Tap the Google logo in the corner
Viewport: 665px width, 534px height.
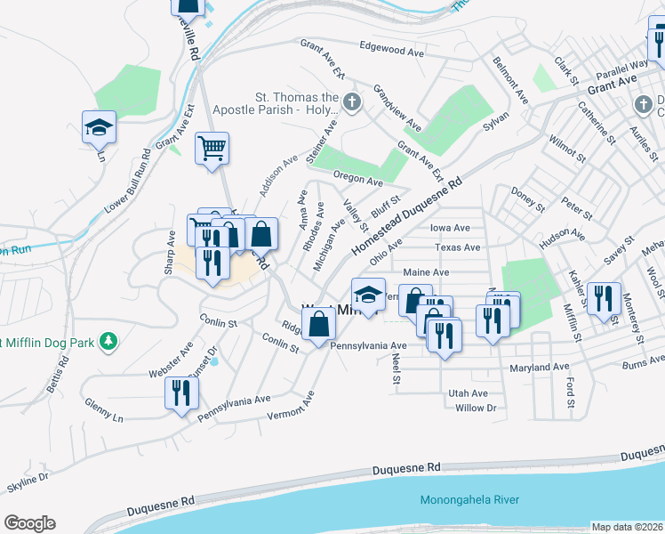29,523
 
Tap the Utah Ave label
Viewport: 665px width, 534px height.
468,392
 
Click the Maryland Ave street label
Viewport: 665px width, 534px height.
539,367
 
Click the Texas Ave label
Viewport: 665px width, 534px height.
458,247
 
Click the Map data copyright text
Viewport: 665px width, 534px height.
627,527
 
